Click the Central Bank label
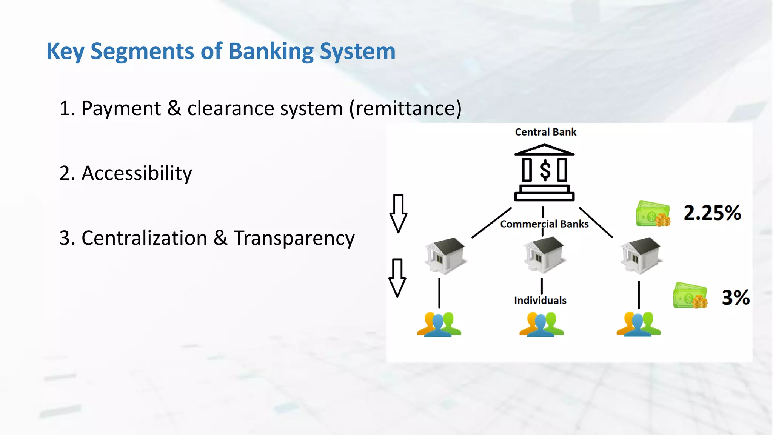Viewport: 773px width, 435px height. click(x=545, y=132)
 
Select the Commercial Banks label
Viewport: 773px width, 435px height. click(x=544, y=224)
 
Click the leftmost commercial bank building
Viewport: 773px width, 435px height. click(x=445, y=255)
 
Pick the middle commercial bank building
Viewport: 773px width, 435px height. click(x=544, y=255)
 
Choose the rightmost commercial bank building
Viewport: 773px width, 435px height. click(x=641, y=255)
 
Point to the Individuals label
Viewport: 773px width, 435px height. click(x=540, y=301)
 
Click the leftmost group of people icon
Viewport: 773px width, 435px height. click(x=439, y=324)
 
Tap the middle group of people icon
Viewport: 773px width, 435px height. click(x=541, y=324)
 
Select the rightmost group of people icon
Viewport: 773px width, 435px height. click(x=639, y=324)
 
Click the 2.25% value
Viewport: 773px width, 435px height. click(x=712, y=213)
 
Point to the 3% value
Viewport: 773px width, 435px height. click(x=736, y=298)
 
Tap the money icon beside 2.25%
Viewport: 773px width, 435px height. click(x=653, y=214)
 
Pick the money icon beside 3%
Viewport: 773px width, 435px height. click(x=690, y=296)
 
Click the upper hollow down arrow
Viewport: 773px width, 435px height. click(x=398, y=213)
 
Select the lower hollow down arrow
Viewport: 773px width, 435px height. click(x=397, y=278)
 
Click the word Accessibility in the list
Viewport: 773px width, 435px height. click(x=137, y=174)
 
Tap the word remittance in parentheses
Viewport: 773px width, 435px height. click(x=405, y=109)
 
